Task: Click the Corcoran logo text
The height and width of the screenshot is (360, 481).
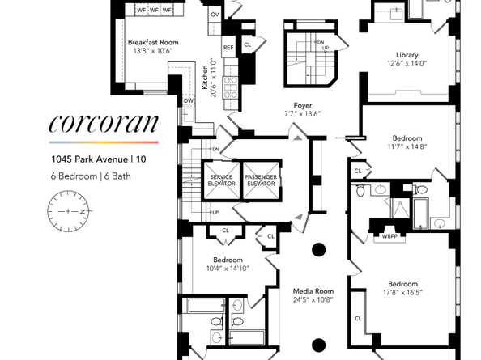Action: pyautogui.click(x=102, y=125)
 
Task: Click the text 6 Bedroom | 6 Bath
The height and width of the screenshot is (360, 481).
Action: pyautogui.click(x=87, y=175)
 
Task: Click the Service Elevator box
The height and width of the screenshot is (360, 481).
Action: pyautogui.click(x=222, y=180)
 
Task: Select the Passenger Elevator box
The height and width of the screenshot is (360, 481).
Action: pyautogui.click(x=261, y=180)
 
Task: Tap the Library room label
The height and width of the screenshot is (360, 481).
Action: pyautogui.click(x=401, y=54)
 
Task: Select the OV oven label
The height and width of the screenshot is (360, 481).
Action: pyautogui.click(x=215, y=15)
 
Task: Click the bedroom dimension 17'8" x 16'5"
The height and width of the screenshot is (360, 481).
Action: pyautogui.click(x=402, y=294)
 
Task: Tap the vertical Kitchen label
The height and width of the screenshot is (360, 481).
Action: pyautogui.click(x=204, y=78)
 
